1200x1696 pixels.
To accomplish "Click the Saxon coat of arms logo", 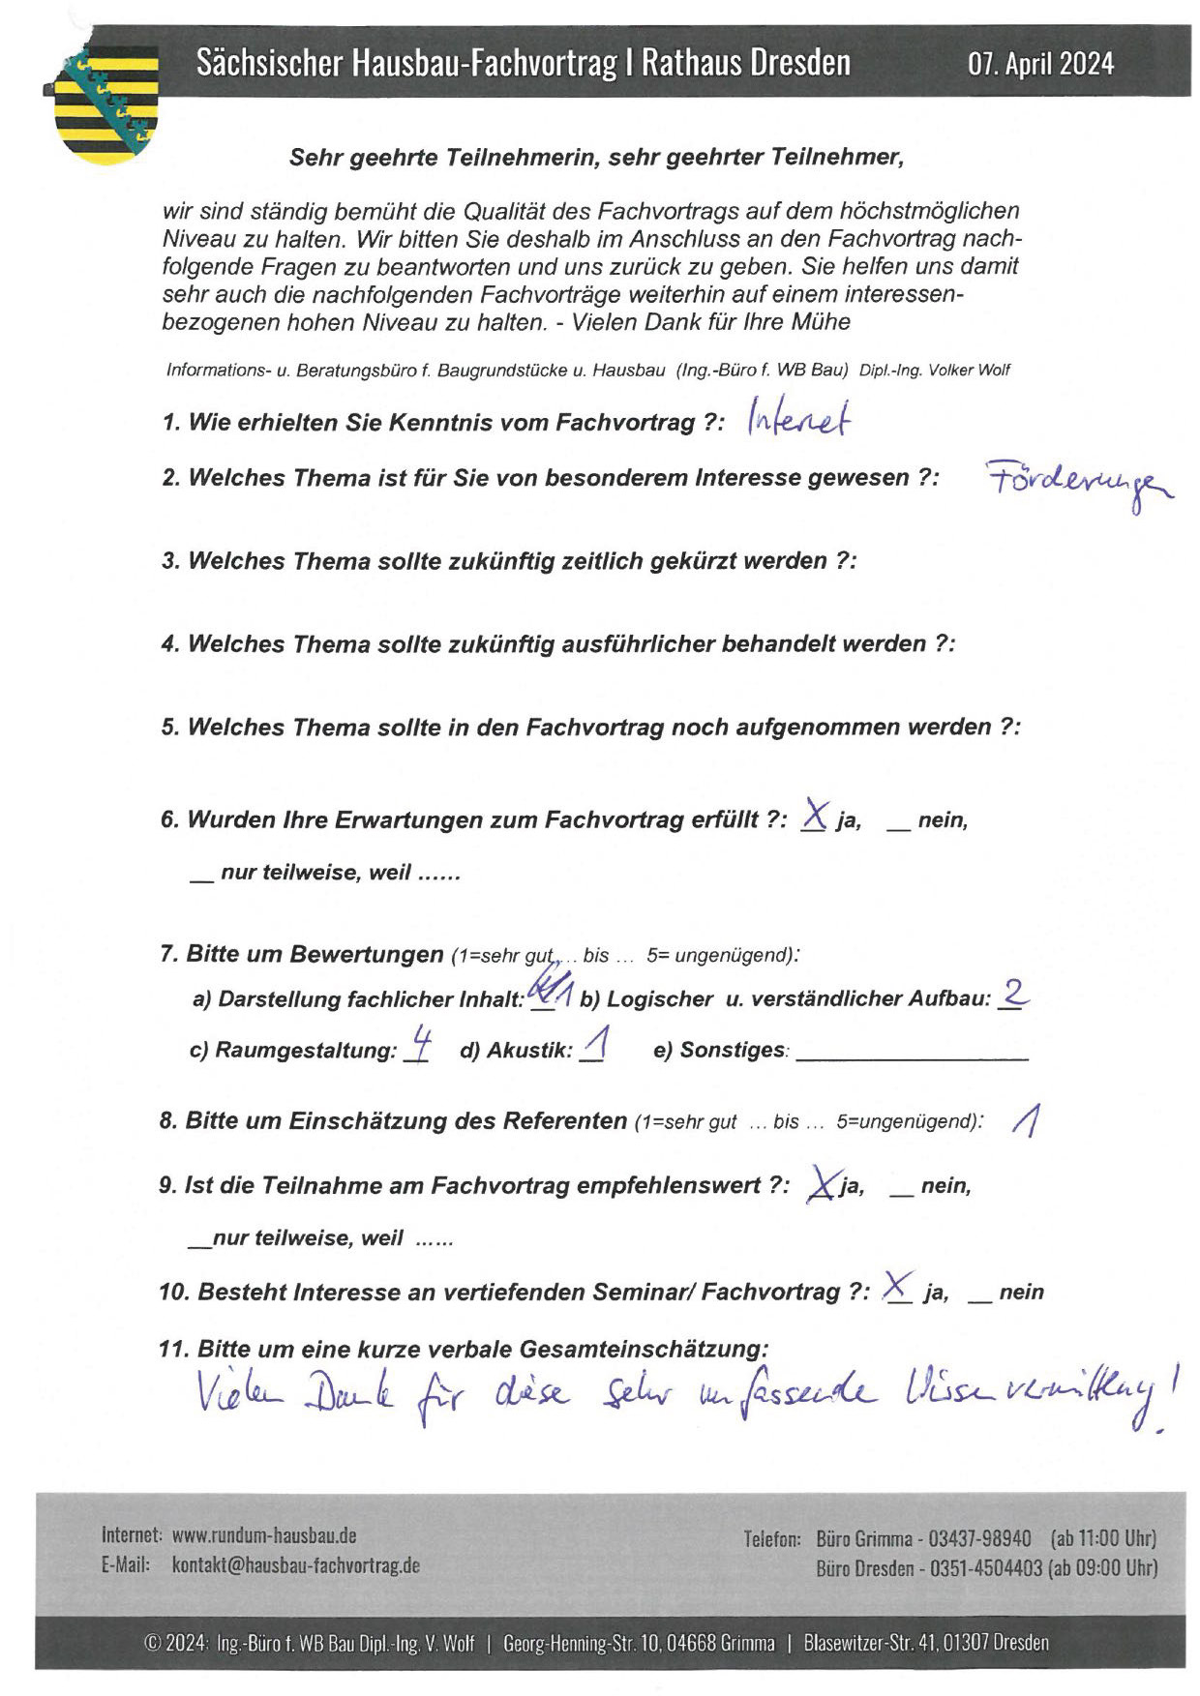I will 105,104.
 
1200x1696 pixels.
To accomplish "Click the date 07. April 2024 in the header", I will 1040,64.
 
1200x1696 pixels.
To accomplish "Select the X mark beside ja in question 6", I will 815,818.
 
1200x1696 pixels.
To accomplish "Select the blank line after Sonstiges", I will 911,1057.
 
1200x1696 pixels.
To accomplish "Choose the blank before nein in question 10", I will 980,1298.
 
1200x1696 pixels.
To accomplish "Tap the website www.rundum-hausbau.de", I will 264,1535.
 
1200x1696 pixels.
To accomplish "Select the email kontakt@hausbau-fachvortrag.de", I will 295,1565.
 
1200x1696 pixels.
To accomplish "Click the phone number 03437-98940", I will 979,1538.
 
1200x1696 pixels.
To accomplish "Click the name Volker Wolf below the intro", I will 969,370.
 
